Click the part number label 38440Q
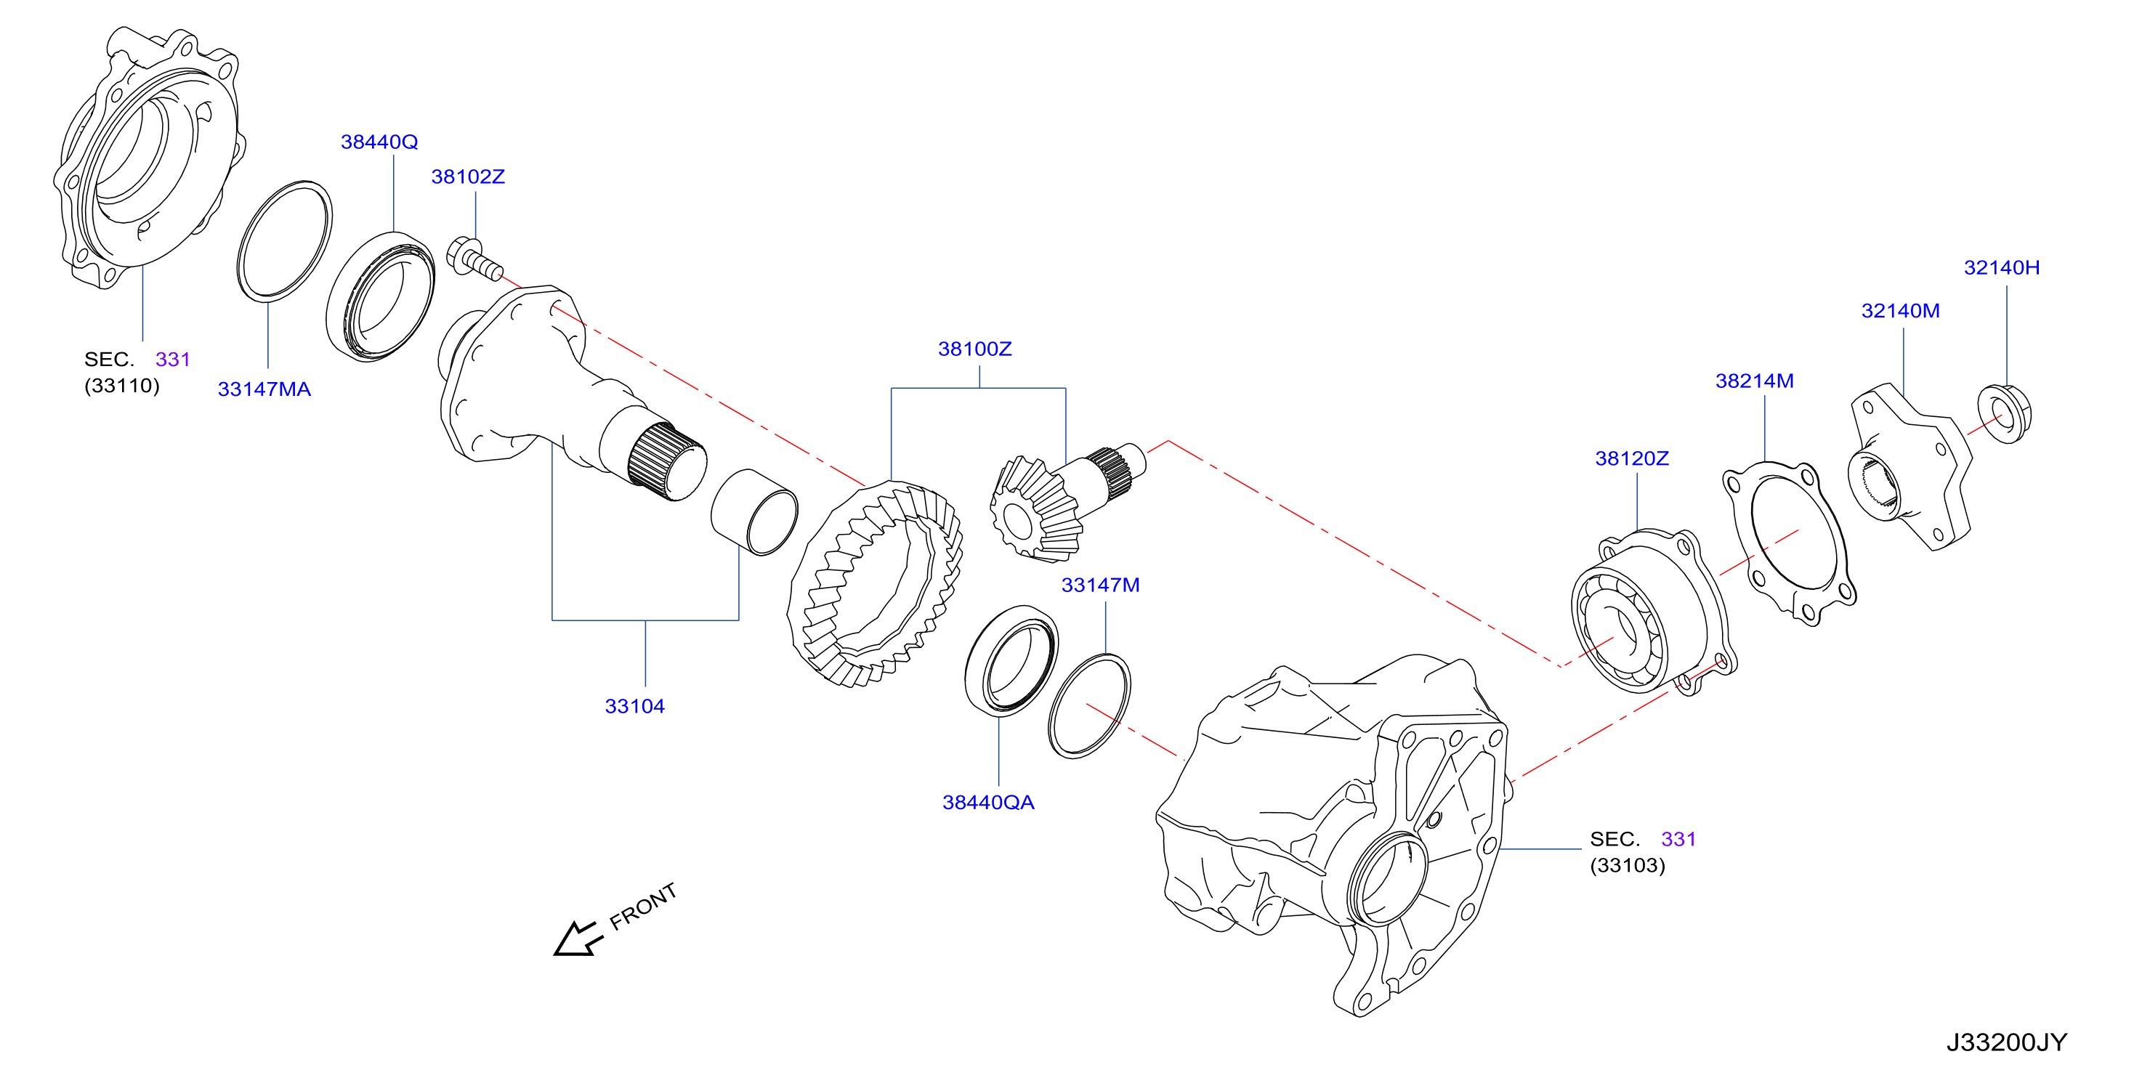[379, 142]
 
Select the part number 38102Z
[467, 177]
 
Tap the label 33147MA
[264, 389]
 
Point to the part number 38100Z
[975, 349]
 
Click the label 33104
[634, 707]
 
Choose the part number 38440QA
[988, 803]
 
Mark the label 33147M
[1100, 585]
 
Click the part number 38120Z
[1632, 458]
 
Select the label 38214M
[1755, 381]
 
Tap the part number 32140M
[1901, 311]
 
